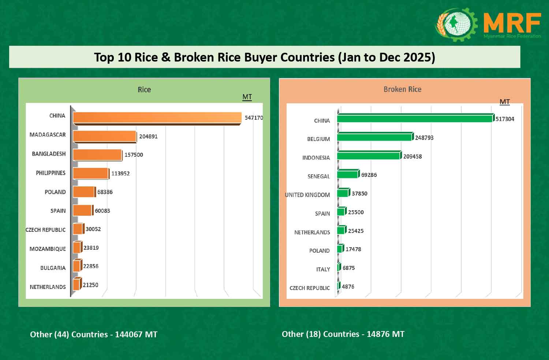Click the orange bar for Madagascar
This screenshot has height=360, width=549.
105,136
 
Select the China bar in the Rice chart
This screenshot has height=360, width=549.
157,118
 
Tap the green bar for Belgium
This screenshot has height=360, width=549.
374,137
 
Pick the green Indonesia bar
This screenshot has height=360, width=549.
369,156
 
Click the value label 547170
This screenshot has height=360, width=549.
254,118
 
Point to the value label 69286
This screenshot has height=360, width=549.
369,175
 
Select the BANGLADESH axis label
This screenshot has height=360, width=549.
49,154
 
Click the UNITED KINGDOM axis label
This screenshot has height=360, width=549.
307,195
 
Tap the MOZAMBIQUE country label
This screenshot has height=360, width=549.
48,249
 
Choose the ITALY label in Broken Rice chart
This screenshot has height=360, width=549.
323,270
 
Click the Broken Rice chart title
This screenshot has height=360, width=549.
402,89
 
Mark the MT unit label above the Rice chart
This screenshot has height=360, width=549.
247,97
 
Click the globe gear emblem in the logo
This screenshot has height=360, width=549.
456,24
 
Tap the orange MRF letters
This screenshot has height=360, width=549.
512,23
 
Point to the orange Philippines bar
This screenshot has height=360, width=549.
91,173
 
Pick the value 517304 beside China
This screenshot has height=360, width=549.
505,119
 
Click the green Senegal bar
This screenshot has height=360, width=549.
347,174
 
